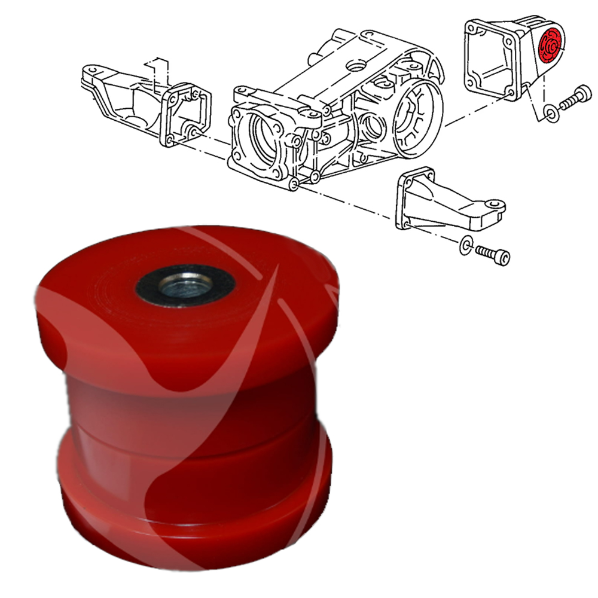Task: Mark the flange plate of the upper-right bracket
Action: click(489, 59)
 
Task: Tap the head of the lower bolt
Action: click(504, 258)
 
